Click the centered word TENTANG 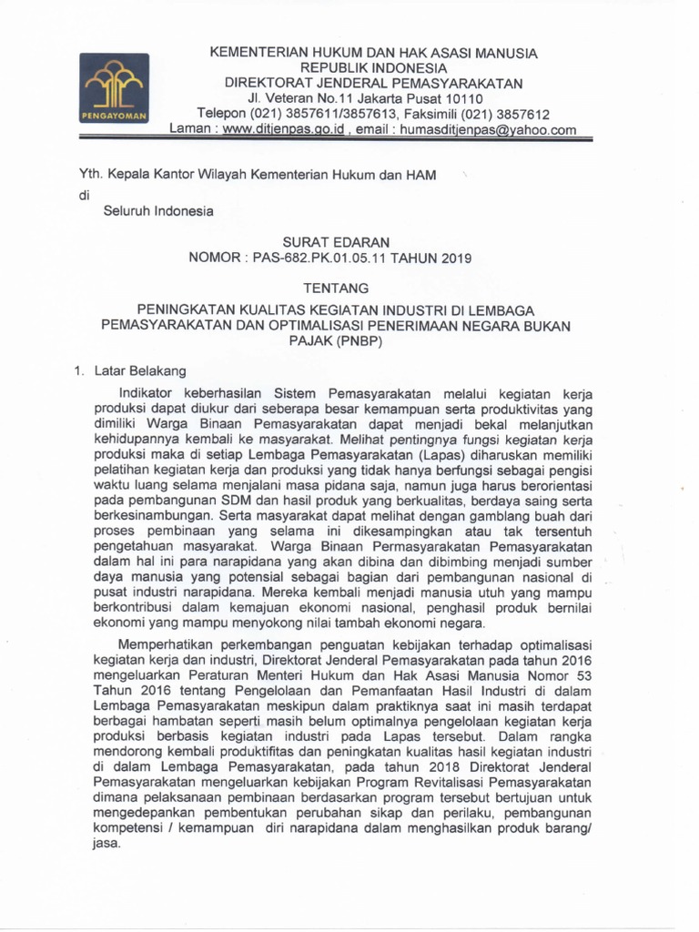(x=337, y=289)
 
